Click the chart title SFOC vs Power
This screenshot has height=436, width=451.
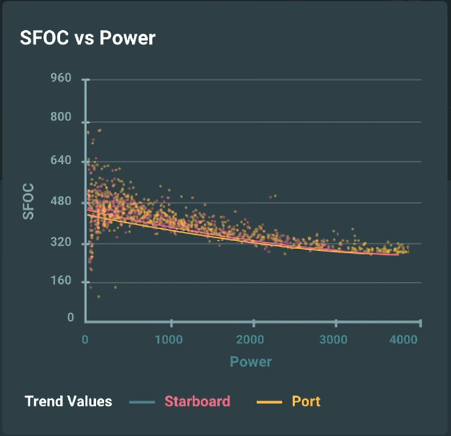coord(87,38)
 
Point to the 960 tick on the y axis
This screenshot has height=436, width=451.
coord(61,77)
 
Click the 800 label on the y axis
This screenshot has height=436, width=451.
coord(61,117)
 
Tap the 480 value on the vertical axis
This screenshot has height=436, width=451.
coord(61,202)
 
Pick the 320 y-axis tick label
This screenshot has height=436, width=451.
coord(61,243)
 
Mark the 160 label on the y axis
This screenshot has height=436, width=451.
coord(61,282)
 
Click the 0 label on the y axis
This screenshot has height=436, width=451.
coord(71,317)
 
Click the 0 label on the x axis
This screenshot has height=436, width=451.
coord(86,339)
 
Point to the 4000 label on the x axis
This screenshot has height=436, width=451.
coord(402,339)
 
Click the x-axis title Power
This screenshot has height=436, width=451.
coord(251,362)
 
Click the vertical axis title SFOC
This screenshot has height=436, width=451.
coord(28,201)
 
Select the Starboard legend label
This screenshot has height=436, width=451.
coord(197,401)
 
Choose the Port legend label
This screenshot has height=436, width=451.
coord(306,401)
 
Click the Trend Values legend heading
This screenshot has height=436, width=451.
coord(68,401)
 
